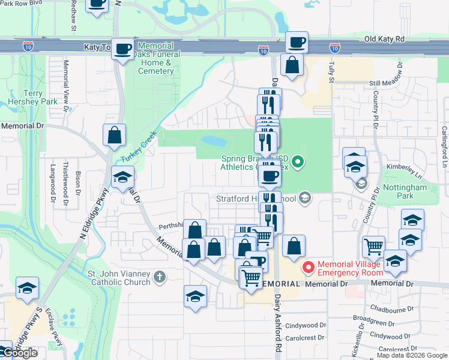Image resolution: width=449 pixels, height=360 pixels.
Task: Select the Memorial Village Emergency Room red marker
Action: [x=309, y=267]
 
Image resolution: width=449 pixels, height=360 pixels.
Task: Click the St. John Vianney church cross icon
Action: [x=158, y=277]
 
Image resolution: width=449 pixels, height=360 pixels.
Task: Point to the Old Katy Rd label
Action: [x=384, y=39]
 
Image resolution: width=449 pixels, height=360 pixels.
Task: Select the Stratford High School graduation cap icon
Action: [x=305, y=197]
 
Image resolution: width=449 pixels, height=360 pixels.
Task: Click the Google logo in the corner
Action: [x=19, y=353]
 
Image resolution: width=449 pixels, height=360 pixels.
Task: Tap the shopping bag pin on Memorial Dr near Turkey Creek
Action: [x=114, y=136]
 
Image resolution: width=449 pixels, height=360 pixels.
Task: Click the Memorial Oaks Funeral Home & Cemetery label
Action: [x=155, y=58]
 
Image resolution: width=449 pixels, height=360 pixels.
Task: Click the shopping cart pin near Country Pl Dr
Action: [x=373, y=246]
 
